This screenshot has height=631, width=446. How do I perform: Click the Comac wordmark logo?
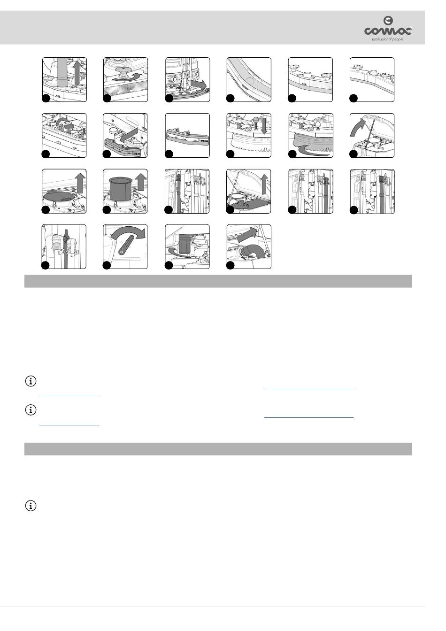point(388,31)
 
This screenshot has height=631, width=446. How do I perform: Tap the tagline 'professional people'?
point(387,39)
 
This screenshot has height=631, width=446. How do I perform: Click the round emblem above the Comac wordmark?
point(388,21)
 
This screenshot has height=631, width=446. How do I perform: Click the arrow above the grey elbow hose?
point(247,234)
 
